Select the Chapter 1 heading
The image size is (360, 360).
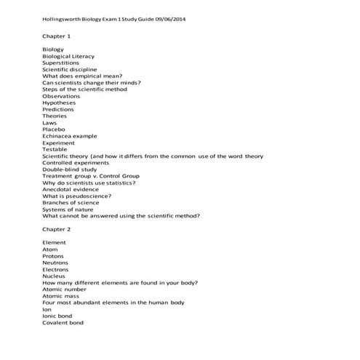(57, 35)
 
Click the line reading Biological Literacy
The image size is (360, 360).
(68, 56)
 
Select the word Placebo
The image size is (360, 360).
(55, 129)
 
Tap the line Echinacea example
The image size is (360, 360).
(70, 136)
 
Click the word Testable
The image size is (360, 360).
(55, 149)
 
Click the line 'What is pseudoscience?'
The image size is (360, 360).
(77, 196)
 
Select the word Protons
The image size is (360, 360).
(53, 256)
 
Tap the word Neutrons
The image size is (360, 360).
(55, 263)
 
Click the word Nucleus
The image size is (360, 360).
(54, 276)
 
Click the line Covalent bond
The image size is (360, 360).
(63, 322)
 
